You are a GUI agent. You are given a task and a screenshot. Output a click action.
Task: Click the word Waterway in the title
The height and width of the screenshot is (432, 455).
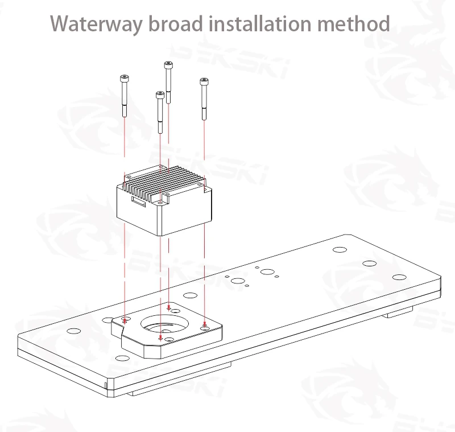(94, 24)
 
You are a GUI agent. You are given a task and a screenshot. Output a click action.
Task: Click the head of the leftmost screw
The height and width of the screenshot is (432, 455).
(123, 79)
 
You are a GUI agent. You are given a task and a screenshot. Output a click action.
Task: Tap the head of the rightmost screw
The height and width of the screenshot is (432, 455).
(203, 82)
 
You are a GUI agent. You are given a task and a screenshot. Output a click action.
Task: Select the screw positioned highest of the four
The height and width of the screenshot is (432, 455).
(168, 65)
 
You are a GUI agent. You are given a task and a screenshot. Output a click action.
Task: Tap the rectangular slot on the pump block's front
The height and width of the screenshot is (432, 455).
(138, 200)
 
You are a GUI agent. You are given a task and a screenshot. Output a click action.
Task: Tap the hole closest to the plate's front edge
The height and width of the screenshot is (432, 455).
(121, 358)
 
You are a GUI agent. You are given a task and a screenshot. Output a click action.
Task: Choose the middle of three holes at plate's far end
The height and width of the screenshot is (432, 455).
(370, 264)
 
